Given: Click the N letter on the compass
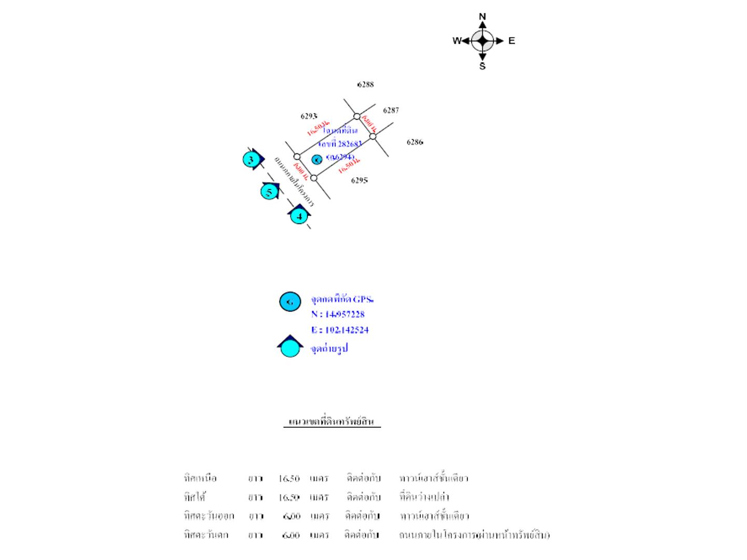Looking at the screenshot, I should coord(482,17).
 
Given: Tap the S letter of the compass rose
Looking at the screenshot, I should coord(482,66).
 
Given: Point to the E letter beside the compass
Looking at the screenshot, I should coord(511,41).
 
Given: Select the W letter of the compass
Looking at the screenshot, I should coord(457,41).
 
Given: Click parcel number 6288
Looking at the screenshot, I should coord(365,85).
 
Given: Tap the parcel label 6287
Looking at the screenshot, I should coord(391,110).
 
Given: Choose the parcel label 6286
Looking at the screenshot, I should coord(414,142).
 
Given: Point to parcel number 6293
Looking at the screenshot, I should coord(309,116).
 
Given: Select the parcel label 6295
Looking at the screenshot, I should coord(359,180).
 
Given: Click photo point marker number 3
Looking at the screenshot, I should coord(251,160).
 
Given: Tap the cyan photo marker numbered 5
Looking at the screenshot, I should coord(269,192).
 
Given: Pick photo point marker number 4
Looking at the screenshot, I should coord(299,216).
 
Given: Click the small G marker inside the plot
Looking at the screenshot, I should coord(317,160).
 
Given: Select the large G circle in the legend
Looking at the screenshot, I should coord(290,301).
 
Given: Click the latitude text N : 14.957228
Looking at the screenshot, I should coord(338,314).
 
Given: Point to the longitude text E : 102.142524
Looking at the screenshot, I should coord(340,330).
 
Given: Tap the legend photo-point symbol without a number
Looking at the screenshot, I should coord(290,347).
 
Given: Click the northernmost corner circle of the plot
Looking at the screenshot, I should coord(357,116).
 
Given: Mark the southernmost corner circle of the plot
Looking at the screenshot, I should coord(314,178).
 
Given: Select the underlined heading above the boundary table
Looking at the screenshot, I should coord(331,422).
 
